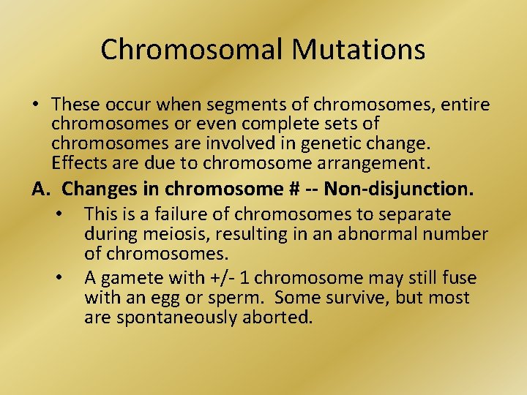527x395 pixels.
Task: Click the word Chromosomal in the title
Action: point(192,50)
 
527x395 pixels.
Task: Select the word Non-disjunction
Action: point(398,189)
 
